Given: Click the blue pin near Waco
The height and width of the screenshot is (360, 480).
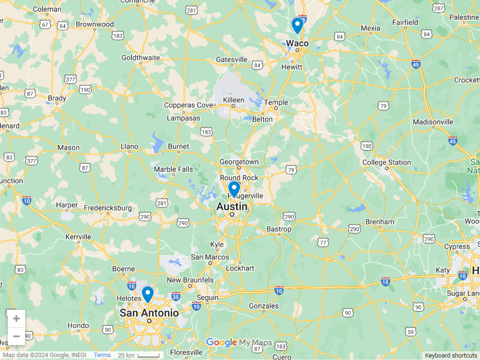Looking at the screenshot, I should click(x=297, y=25).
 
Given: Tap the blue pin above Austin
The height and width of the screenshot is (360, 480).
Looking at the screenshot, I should click(x=234, y=188).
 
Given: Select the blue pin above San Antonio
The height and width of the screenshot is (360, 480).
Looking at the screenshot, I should click(x=148, y=293).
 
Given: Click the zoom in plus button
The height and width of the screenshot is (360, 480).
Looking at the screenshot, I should click(x=16, y=318).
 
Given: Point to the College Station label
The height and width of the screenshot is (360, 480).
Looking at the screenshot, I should click(x=386, y=163).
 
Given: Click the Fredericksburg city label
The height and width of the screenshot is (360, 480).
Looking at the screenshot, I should click(x=108, y=208).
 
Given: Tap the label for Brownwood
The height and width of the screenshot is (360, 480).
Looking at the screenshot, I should click(x=95, y=25).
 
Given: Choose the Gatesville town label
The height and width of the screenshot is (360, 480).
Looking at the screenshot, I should click(x=231, y=60).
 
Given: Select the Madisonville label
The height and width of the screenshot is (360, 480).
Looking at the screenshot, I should click(x=433, y=122).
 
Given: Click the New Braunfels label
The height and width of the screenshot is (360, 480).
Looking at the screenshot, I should click(x=190, y=280).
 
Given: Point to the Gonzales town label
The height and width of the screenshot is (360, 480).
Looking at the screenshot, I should click(x=264, y=306).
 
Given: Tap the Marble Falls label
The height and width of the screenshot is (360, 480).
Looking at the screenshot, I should click(x=173, y=169).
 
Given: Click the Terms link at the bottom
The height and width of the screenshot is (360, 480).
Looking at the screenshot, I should click(x=102, y=355).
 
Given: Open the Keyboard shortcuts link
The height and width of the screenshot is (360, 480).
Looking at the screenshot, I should click(x=451, y=356).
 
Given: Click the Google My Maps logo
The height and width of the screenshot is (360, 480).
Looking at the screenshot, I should click(x=239, y=343).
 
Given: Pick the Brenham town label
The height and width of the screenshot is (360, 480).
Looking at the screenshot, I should click(x=380, y=222).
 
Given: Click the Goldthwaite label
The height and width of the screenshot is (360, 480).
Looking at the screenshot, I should click(x=141, y=58).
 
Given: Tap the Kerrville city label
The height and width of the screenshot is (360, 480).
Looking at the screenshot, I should click(x=78, y=237).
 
